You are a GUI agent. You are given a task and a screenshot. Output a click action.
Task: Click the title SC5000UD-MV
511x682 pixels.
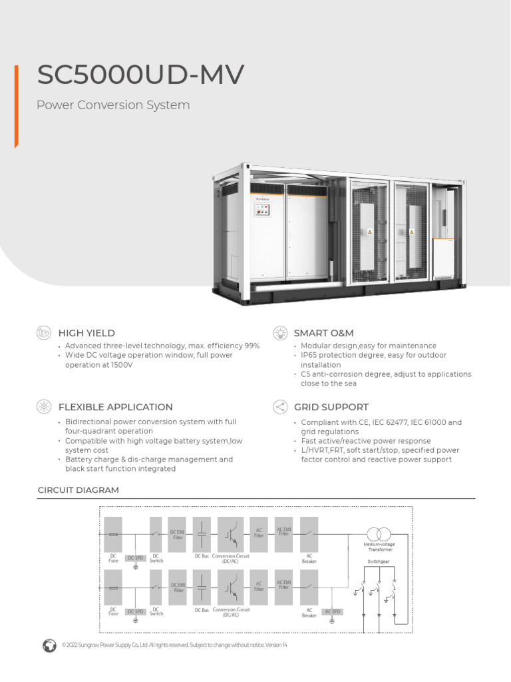tap(140, 75)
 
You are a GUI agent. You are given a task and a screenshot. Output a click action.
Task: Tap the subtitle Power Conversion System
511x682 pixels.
tap(113, 105)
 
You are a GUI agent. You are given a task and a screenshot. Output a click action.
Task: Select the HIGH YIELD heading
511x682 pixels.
tap(86, 333)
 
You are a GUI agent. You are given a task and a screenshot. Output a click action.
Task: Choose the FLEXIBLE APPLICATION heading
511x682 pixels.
tap(116, 407)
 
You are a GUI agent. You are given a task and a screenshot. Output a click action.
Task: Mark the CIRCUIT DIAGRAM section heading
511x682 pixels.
tap(78, 490)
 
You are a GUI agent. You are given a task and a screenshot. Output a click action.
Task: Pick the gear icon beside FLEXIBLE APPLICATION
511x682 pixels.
tap(44, 407)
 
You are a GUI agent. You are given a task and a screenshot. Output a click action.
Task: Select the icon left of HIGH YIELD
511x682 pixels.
tap(44, 332)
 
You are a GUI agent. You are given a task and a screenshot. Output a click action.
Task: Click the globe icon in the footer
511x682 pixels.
tap(49, 645)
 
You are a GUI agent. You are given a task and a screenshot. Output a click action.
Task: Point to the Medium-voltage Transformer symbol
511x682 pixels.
tap(378, 534)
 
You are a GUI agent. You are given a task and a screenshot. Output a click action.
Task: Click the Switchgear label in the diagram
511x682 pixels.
tap(378, 561)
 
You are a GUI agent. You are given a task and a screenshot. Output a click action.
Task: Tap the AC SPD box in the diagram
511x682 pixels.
tap(332, 611)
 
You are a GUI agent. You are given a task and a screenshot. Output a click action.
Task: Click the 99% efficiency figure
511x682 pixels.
tap(251, 346)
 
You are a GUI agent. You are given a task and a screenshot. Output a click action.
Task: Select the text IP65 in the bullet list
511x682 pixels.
tap(310, 356)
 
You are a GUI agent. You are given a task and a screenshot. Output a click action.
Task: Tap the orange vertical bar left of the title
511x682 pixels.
tap(16, 107)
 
